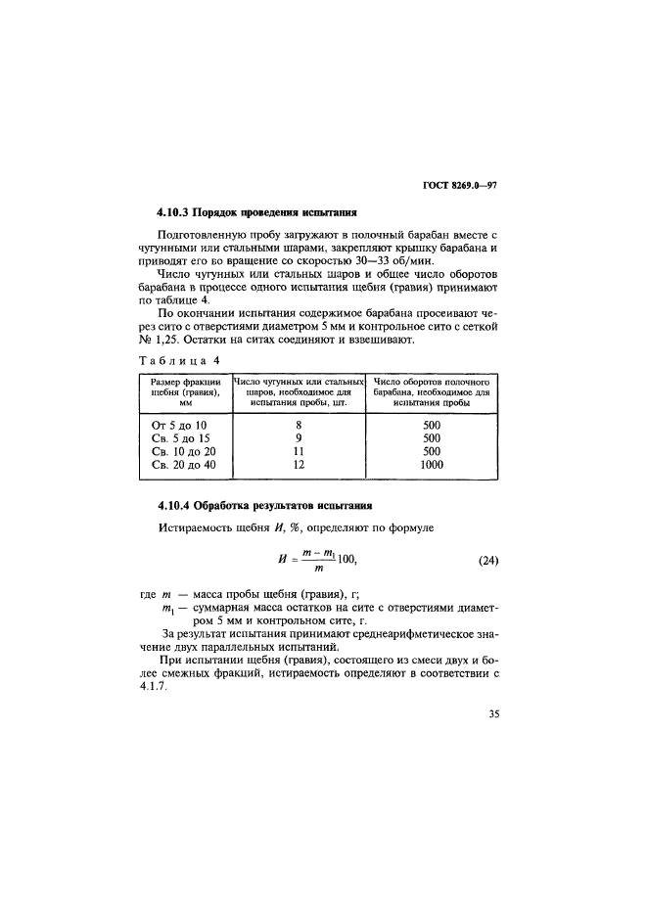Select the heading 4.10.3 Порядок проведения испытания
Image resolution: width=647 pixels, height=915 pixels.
(256, 211)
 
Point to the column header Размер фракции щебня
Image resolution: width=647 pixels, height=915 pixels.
(185, 390)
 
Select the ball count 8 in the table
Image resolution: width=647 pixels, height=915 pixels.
(299, 425)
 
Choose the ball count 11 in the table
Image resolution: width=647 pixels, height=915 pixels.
(299, 452)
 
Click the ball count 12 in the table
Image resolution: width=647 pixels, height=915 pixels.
(299, 466)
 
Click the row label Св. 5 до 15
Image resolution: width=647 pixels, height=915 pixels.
(180, 438)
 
